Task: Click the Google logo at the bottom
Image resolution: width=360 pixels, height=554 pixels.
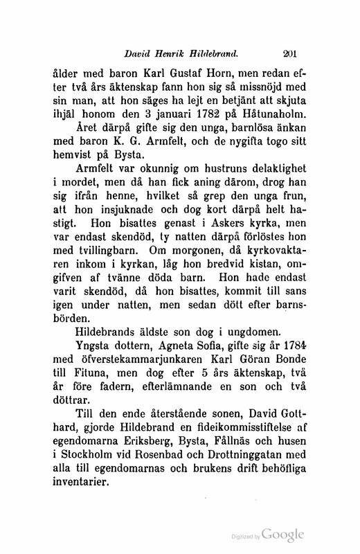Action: pos(282,535)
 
